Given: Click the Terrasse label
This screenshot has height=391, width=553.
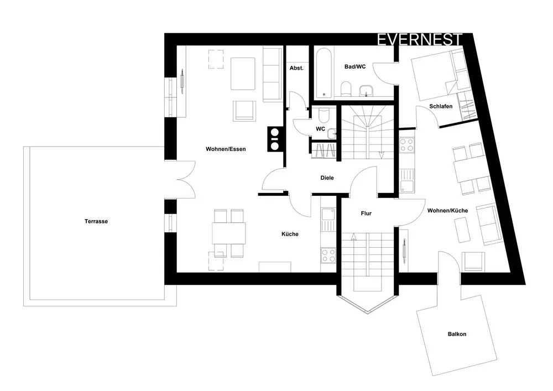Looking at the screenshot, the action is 96,221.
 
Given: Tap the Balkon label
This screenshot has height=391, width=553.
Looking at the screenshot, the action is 457,334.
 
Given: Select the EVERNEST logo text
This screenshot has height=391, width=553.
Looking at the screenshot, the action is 419,40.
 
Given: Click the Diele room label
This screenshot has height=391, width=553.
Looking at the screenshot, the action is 327,178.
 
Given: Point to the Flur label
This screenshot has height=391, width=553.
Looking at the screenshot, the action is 366,213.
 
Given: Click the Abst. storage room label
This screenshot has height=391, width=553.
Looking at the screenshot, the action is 296,67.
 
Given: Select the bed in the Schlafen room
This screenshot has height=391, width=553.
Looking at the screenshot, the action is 434,72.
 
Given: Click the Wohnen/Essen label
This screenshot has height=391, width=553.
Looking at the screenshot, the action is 226,149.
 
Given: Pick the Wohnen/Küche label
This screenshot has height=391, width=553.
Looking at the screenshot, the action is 448,211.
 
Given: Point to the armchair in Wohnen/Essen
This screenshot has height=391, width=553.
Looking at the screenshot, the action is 245,111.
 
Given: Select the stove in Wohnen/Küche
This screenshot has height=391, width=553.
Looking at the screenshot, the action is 407,145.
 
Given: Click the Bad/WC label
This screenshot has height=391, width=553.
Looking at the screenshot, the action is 355,66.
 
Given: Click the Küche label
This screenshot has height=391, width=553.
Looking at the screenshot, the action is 290,234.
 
